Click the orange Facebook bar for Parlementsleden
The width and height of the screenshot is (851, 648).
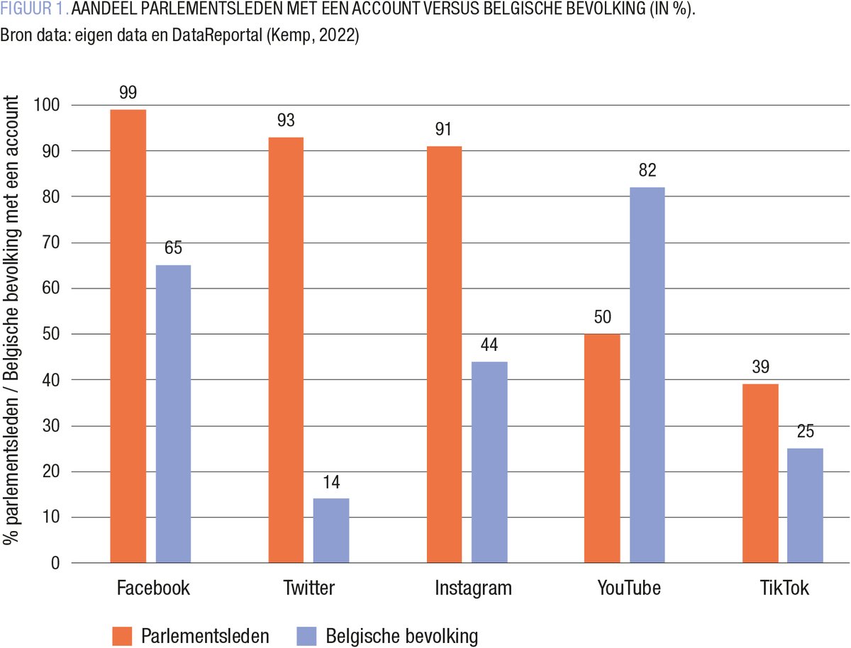128,336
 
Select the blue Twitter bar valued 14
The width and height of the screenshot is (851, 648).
331,530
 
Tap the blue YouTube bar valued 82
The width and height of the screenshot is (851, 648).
647,375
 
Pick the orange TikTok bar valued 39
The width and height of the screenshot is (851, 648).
760,473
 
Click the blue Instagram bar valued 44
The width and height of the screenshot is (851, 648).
489,462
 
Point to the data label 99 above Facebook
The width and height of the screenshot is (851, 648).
128,93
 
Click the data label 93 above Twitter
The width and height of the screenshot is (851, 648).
286,121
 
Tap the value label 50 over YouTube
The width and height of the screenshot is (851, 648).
602,317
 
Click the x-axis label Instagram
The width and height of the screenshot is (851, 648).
472,588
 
